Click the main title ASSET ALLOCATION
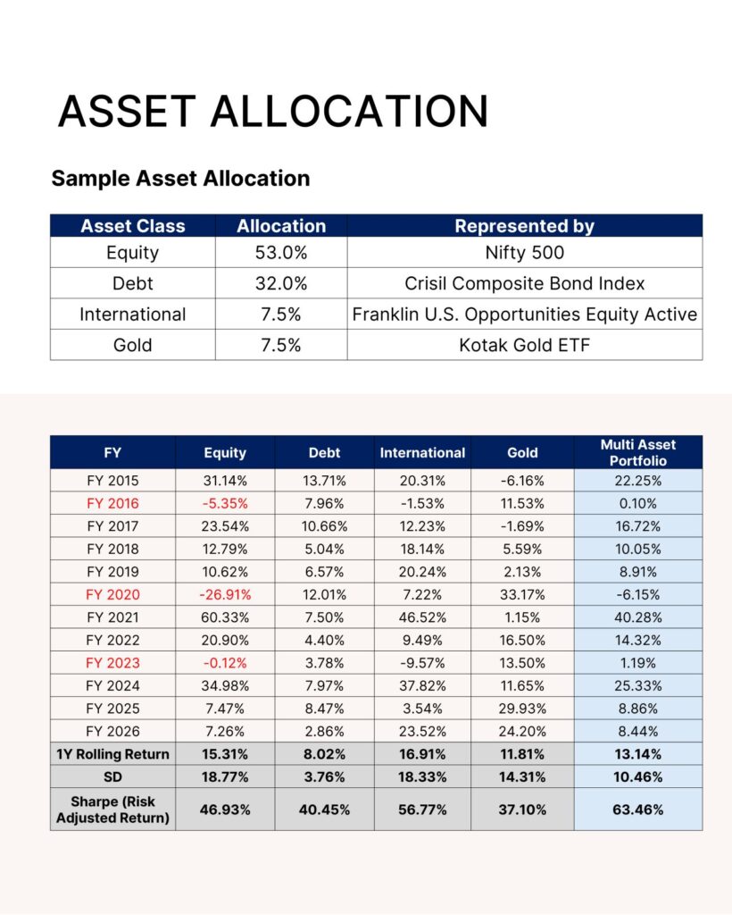[x=273, y=111]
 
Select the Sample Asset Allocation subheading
[x=180, y=178]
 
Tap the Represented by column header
[x=524, y=226]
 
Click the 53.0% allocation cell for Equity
[x=281, y=253]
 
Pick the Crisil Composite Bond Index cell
[x=524, y=284]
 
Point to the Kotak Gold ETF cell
[x=524, y=345]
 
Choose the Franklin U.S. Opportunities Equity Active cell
[x=524, y=315]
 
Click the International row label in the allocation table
[x=132, y=315]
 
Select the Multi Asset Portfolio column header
[x=637, y=452]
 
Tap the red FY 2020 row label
[x=112, y=595]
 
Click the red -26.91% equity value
[x=225, y=595]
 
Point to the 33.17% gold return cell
[x=522, y=595]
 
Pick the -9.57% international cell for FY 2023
[x=422, y=663]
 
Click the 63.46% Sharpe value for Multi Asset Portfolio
[x=637, y=810]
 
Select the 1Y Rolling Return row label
[x=112, y=754]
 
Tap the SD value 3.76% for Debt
[x=324, y=776]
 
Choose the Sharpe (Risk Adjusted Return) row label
[x=112, y=810]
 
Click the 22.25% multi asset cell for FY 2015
[x=637, y=480]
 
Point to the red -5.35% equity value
[x=225, y=503]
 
